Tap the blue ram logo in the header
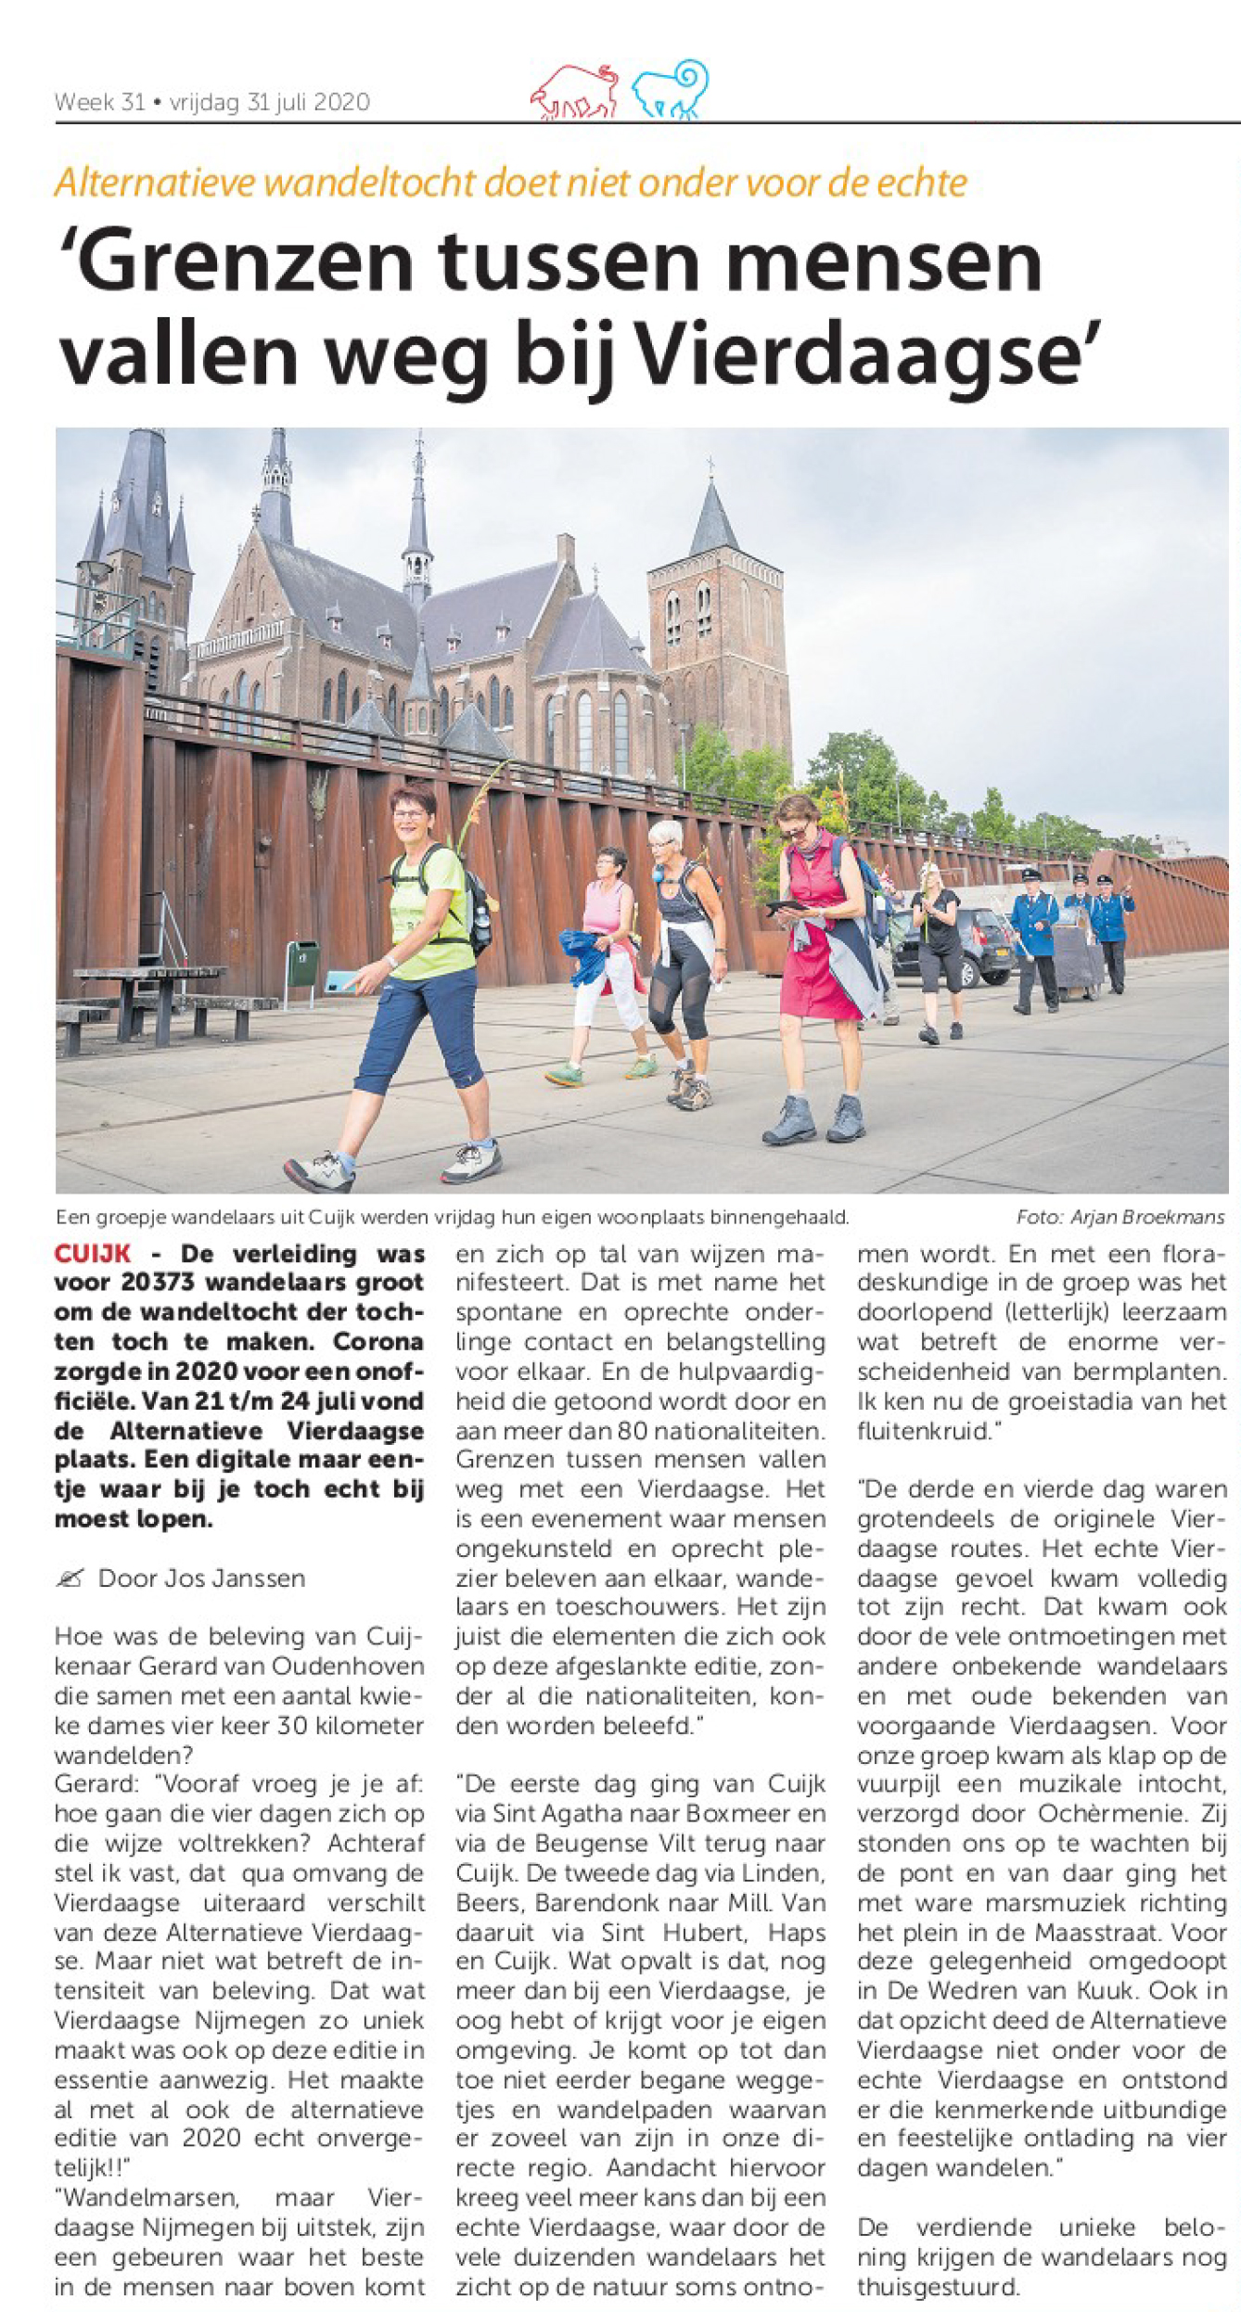click(671, 90)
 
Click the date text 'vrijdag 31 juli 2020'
click(270, 102)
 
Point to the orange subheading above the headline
click(510, 183)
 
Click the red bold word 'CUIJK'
click(93, 1254)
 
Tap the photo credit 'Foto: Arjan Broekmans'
click(1119, 1217)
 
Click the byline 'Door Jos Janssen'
click(201, 1578)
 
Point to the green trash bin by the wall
click(302, 965)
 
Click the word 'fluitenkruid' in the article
click(921, 1431)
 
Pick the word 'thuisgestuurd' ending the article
click(937, 2286)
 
